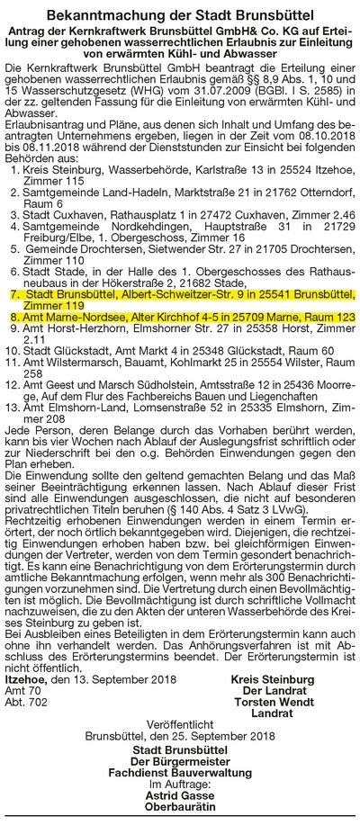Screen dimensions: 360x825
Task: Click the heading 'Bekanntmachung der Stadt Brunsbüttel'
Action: tap(180, 15)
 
